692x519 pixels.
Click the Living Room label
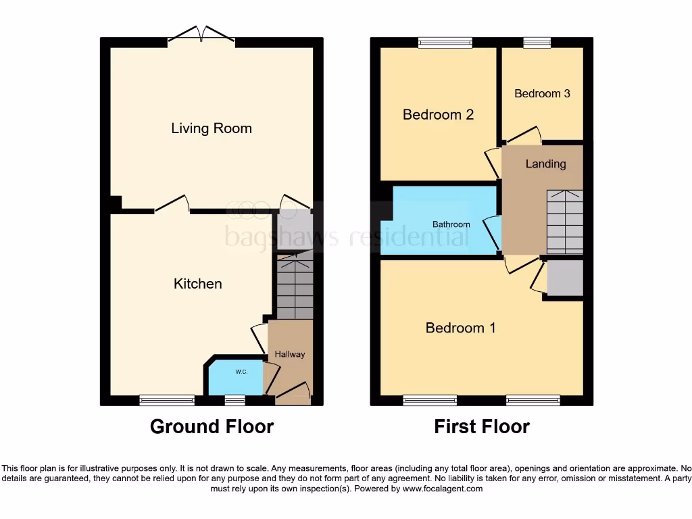pos(211,128)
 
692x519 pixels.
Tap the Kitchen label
pos(197,284)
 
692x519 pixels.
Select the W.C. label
pos(241,372)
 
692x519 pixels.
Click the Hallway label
pos(289,354)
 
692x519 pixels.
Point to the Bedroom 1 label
pos(460,328)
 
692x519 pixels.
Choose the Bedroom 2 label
pos(438,115)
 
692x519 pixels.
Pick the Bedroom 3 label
pos(542,94)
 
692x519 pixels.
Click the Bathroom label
pos(451,224)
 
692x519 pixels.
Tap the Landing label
pos(545,164)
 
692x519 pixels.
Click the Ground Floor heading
pos(212,426)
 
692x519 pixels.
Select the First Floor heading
pos(482,426)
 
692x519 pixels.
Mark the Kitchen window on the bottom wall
pos(167,401)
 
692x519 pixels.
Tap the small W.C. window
pos(234,401)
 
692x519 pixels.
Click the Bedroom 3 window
pos(537,43)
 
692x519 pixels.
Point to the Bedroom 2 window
pos(445,43)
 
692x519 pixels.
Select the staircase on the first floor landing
pos(564,222)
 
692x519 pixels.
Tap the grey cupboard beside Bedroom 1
pos(564,278)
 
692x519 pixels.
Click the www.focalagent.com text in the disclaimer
pos(443,489)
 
